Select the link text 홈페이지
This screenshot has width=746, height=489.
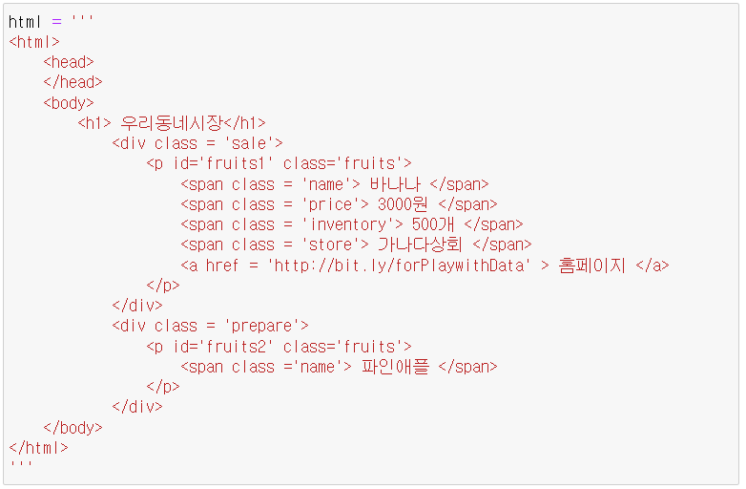pos(591,266)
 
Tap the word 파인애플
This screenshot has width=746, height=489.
pos(396,367)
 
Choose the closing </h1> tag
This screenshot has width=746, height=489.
pos(245,123)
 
